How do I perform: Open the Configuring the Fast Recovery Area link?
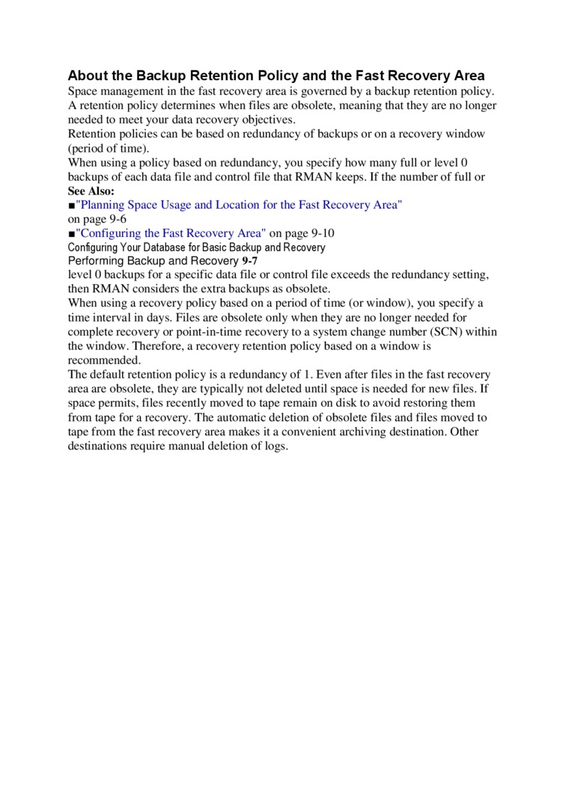[x=171, y=233]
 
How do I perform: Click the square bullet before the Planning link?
[x=71, y=205]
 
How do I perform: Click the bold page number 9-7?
[x=250, y=261]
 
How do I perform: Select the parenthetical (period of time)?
[x=109, y=148]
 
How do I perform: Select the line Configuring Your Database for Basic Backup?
[x=197, y=248]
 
